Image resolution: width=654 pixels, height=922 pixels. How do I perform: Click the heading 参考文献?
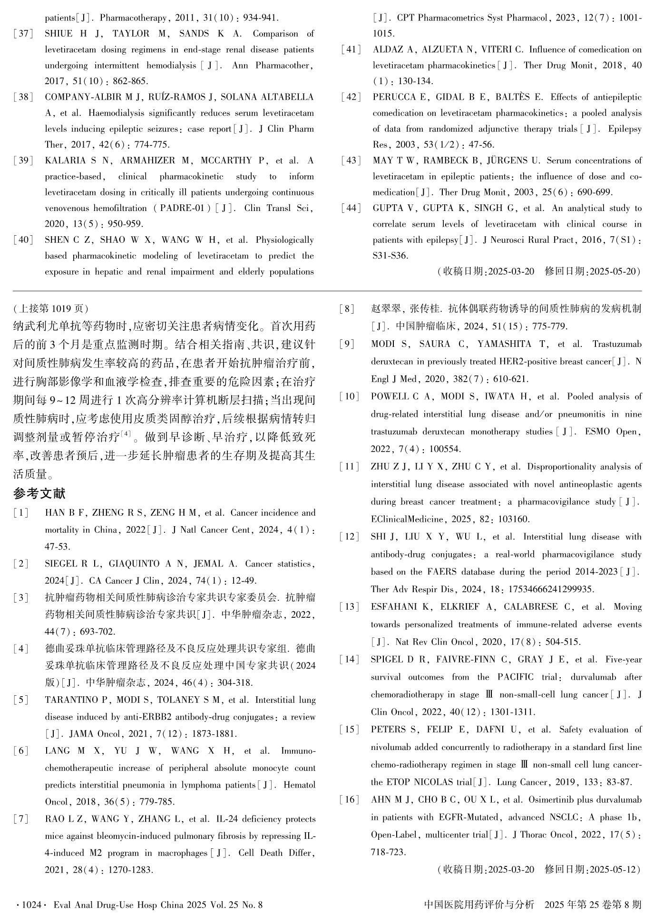coord(39,494)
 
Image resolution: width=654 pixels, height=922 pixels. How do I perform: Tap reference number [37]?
coord(23,34)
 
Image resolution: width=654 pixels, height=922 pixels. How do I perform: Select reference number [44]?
coord(351,208)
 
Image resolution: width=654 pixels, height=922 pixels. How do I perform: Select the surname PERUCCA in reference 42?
coord(394,97)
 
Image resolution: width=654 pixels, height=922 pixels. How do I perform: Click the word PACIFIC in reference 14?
coord(515,677)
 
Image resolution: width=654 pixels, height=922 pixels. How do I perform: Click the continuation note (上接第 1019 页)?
coord(51,308)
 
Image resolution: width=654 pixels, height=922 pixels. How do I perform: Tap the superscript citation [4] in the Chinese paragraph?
coord(126,433)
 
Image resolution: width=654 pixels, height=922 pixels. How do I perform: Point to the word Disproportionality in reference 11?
coord(569,467)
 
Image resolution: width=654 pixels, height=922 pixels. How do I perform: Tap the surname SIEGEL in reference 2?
coord(61,564)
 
